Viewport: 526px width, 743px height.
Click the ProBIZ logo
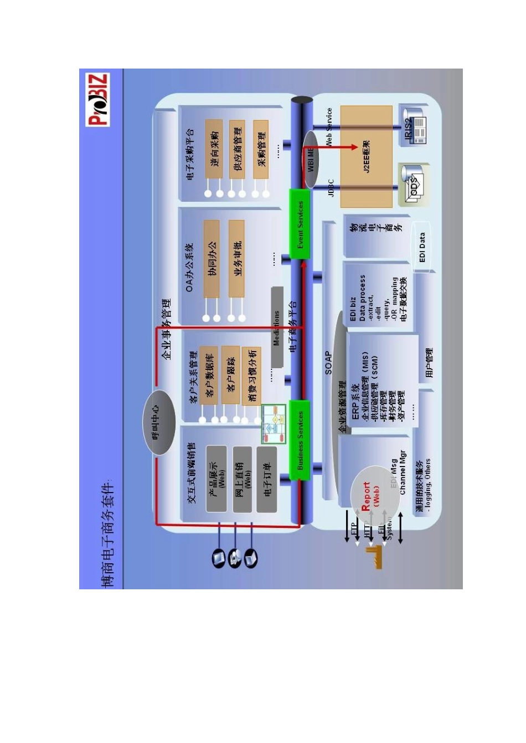[x=98, y=100]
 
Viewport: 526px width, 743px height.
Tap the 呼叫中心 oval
[x=159, y=423]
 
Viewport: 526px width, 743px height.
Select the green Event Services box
[x=300, y=224]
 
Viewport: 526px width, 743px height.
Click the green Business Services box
[x=300, y=440]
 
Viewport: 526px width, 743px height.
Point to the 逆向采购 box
[x=214, y=149]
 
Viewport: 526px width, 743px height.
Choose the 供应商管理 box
[x=237, y=149]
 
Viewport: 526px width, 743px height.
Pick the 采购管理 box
[x=261, y=149]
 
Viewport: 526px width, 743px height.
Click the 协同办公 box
[x=212, y=258]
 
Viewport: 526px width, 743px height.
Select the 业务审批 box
[x=237, y=258]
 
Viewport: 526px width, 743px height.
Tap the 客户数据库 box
[x=209, y=376]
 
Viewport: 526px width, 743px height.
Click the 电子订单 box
[x=267, y=479]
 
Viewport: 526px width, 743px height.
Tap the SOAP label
[x=328, y=363]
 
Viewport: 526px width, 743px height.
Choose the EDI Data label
[x=422, y=247]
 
